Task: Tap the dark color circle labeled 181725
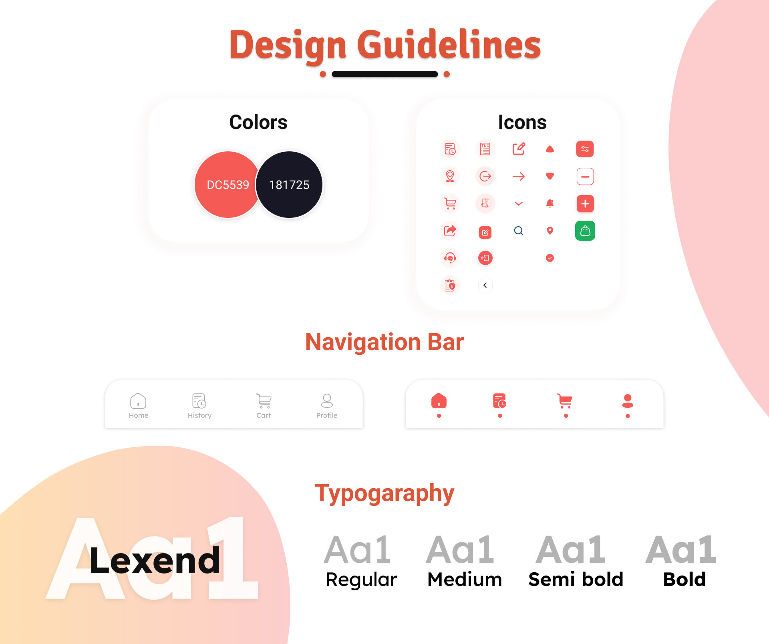pos(289,185)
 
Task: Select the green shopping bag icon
pos(585,231)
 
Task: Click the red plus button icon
pos(585,203)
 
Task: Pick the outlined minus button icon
pos(585,176)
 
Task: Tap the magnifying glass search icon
pos(519,231)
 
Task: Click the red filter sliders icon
pos(585,149)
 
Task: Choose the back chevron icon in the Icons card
pos(485,285)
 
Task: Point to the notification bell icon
pos(550,203)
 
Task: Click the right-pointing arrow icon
pos(519,176)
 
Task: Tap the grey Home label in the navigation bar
pos(139,415)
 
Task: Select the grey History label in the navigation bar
pos(199,415)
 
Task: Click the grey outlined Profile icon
pos(327,400)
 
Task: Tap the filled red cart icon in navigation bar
pos(565,400)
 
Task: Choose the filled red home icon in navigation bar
pos(439,400)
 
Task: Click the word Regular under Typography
pos(361,580)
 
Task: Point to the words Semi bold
pos(576,579)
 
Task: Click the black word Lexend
pos(155,560)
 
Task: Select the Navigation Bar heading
pos(384,342)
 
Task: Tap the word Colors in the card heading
pos(258,122)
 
